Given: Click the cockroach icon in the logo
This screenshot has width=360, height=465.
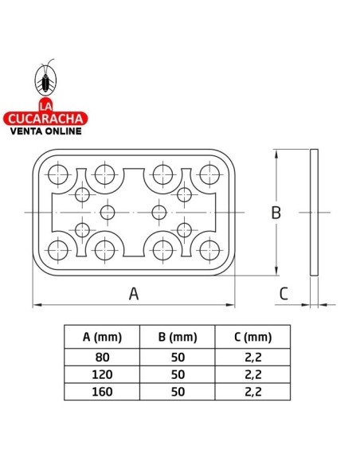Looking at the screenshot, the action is (x=45, y=79).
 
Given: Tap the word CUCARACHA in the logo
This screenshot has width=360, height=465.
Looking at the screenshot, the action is (x=45, y=119).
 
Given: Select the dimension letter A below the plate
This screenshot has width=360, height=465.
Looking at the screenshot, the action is (x=134, y=294).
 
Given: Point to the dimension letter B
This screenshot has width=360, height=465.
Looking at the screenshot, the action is (x=276, y=213).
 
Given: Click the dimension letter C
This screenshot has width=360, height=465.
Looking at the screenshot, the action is (x=284, y=294).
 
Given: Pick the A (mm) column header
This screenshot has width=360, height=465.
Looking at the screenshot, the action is (x=102, y=337).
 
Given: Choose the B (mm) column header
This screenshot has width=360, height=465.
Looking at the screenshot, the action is (x=178, y=337).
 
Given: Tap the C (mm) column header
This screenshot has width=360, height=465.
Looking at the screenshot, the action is (x=252, y=337).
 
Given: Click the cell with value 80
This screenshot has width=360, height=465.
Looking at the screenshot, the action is (x=102, y=358).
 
